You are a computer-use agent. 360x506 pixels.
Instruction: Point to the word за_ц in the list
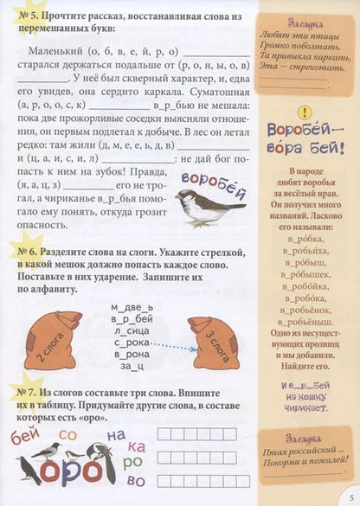pos(130,366)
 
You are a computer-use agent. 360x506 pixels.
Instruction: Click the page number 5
pos(347,496)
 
